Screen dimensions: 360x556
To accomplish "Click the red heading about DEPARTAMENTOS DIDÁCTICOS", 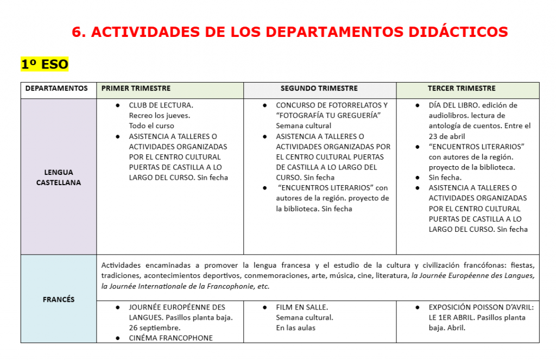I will click(289, 32).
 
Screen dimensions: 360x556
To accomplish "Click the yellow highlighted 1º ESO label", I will click(45, 65).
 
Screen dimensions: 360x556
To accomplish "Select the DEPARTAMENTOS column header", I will click(56, 89).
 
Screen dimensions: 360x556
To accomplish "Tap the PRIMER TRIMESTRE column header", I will click(136, 89).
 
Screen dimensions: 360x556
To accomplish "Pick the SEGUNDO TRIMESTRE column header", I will click(319, 89).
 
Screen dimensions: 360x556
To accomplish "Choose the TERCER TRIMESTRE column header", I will click(462, 89).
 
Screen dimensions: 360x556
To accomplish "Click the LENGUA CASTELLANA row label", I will click(59, 178).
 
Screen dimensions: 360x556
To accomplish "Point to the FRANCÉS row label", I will click(59, 299).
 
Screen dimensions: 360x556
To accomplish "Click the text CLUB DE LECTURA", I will click(161, 105).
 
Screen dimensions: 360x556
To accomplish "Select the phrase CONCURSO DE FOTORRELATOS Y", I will click(332, 105).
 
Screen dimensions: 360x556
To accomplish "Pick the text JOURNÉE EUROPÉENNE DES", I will click(177, 307).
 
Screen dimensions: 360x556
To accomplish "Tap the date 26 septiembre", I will click(155, 328).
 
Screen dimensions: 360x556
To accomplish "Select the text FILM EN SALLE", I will click(301, 307).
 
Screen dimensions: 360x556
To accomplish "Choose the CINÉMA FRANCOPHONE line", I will click(170, 338).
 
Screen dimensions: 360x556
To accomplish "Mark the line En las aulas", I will click(295, 328).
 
